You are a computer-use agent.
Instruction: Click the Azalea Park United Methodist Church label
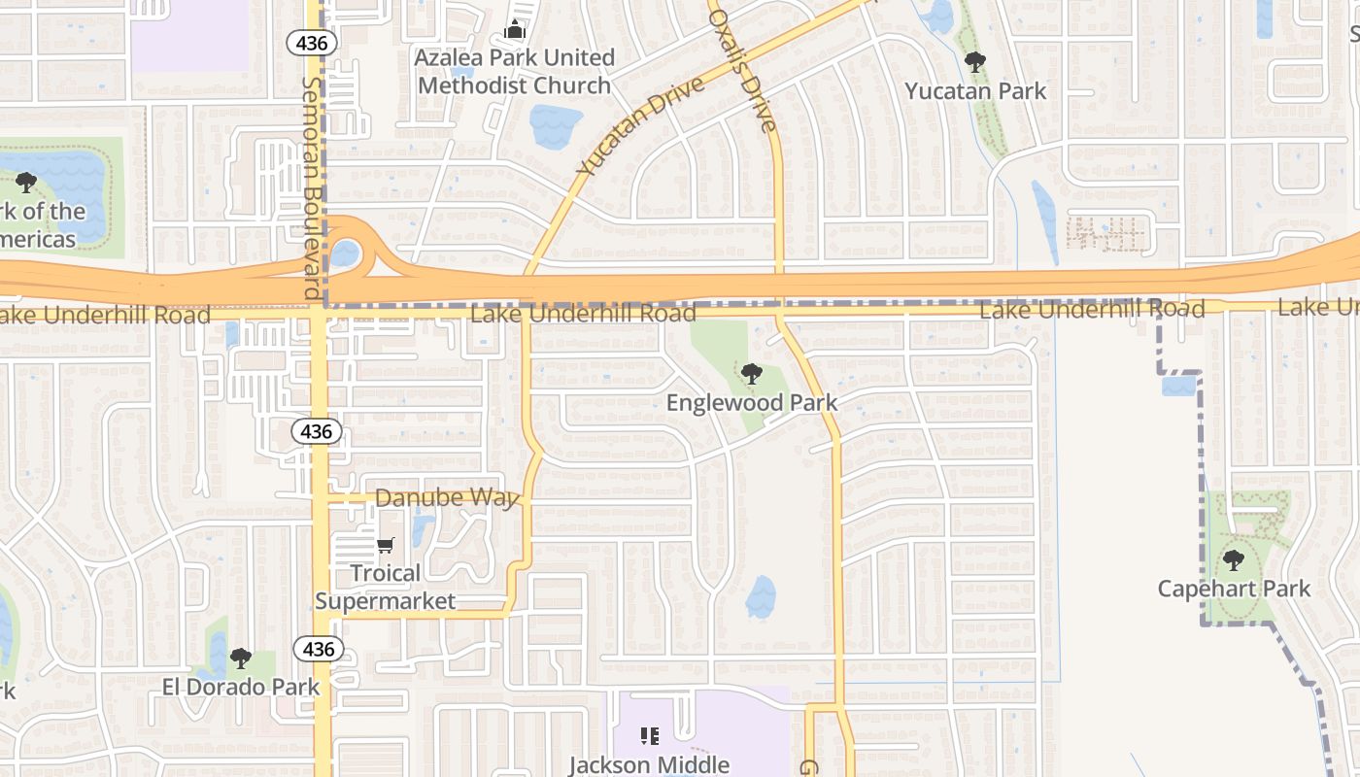pyautogui.click(x=514, y=72)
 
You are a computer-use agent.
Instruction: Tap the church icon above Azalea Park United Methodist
pyautogui.click(x=515, y=30)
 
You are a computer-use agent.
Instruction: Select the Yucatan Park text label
pyautogui.click(x=975, y=91)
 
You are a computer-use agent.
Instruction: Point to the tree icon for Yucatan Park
pyautogui.click(x=975, y=62)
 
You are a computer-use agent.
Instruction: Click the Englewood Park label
pyautogui.click(x=751, y=402)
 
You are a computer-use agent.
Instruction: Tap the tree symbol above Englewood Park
pyautogui.click(x=751, y=373)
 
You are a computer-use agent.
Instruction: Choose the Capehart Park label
pyautogui.click(x=1234, y=589)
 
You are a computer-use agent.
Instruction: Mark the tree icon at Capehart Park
pyautogui.click(x=1233, y=560)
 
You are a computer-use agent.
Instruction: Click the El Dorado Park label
pyautogui.click(x=240, y=687)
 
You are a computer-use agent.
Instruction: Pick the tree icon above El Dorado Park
pyautogui.click(x=240, y=659)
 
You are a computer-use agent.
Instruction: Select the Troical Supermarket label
pyautogui.click(x=386, y=587)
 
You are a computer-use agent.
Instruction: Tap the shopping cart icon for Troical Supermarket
pyautogui.click(x=386, y=546)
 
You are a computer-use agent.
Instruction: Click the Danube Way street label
pyautogui.click(x=447, y=498)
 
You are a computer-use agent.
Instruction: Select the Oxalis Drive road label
pyautogui.click(x=743, y=71)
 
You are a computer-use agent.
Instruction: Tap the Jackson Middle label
pyautogui.click(x=649, y=764)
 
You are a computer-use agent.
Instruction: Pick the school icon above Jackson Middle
pyautogui.click(x=649, y=736)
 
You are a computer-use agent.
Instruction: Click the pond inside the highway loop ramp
pyautogui.click(x=345, y=253)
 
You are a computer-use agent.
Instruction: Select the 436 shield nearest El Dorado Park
pyautogui.click(x=318, y=649)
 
